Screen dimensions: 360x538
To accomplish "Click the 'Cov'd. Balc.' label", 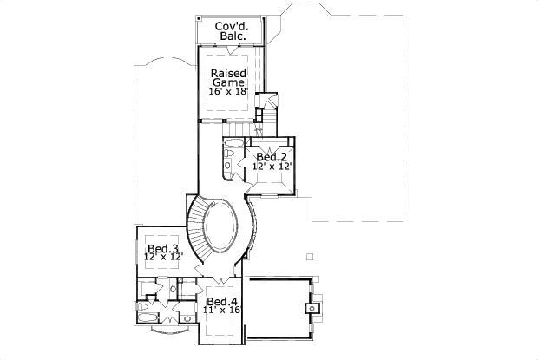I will [232, 32].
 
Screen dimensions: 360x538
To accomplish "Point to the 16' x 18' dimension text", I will [232, 91].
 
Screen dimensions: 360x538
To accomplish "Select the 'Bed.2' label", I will [272, 157].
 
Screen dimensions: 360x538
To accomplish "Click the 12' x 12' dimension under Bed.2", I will [272, 166].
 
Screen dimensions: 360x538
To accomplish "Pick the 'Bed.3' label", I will [162, 249].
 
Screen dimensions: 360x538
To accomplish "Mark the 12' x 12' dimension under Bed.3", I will [162, 258].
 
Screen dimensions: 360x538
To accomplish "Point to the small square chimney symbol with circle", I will [311, 307].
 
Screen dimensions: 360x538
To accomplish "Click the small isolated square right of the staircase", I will [309, 256].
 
